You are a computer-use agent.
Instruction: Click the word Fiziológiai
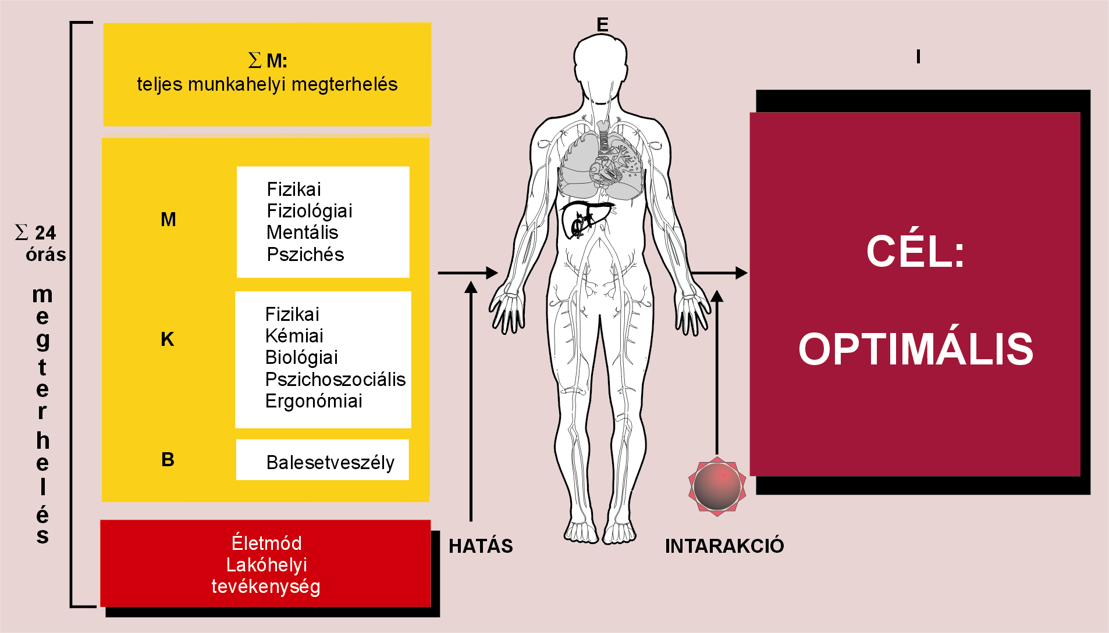310,211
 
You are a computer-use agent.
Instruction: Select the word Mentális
302,233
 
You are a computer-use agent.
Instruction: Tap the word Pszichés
305,255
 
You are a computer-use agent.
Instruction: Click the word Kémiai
294,336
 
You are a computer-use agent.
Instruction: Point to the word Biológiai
301,357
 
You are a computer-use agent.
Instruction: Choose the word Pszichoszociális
335,380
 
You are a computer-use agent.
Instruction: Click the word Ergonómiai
314,401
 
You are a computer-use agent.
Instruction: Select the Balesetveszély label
330,463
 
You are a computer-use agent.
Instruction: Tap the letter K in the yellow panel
168,339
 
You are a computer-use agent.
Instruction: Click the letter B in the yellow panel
168,460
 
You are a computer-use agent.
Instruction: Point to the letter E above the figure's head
602,24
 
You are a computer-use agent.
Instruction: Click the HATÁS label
481,546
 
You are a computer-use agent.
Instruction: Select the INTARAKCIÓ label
724,546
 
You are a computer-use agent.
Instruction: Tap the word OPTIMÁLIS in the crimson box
915,349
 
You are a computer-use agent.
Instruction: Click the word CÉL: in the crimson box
915,252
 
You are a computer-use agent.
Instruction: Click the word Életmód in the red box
266,543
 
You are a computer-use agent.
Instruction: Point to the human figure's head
600,61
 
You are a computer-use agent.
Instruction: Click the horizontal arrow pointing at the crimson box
718,273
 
